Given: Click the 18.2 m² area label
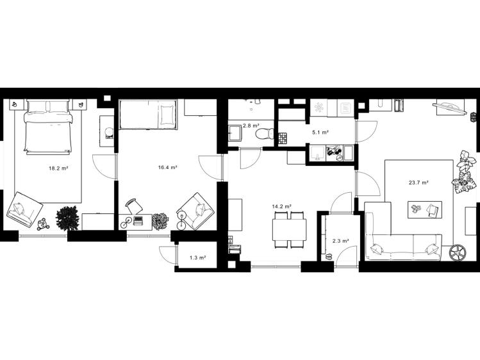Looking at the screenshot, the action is tap(58, 168).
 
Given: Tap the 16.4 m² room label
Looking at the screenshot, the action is tap(168, 167).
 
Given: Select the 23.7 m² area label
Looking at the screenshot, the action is tap(418, 183).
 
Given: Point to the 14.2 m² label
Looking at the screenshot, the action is tap(281, 206).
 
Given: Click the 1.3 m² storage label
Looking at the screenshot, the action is tap(197, 258).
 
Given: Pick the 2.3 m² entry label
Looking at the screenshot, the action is tap(341, 241).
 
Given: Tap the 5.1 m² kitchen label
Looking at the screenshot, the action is tap(320, 133).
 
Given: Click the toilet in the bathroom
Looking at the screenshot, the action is tap(265, 134).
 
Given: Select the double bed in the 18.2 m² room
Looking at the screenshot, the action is tap(47, 126).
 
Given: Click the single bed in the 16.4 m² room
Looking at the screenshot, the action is tap(148, 115).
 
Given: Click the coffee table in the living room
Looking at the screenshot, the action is tap(425, 209).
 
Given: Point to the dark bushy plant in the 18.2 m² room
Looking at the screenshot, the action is tap(67, 218).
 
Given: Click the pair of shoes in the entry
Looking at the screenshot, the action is tap(329, 256).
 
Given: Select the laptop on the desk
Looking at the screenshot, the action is tap(138, 220).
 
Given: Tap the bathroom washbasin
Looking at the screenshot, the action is tap(235, 133).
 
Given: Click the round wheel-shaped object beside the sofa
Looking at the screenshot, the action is tap(458, 252).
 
